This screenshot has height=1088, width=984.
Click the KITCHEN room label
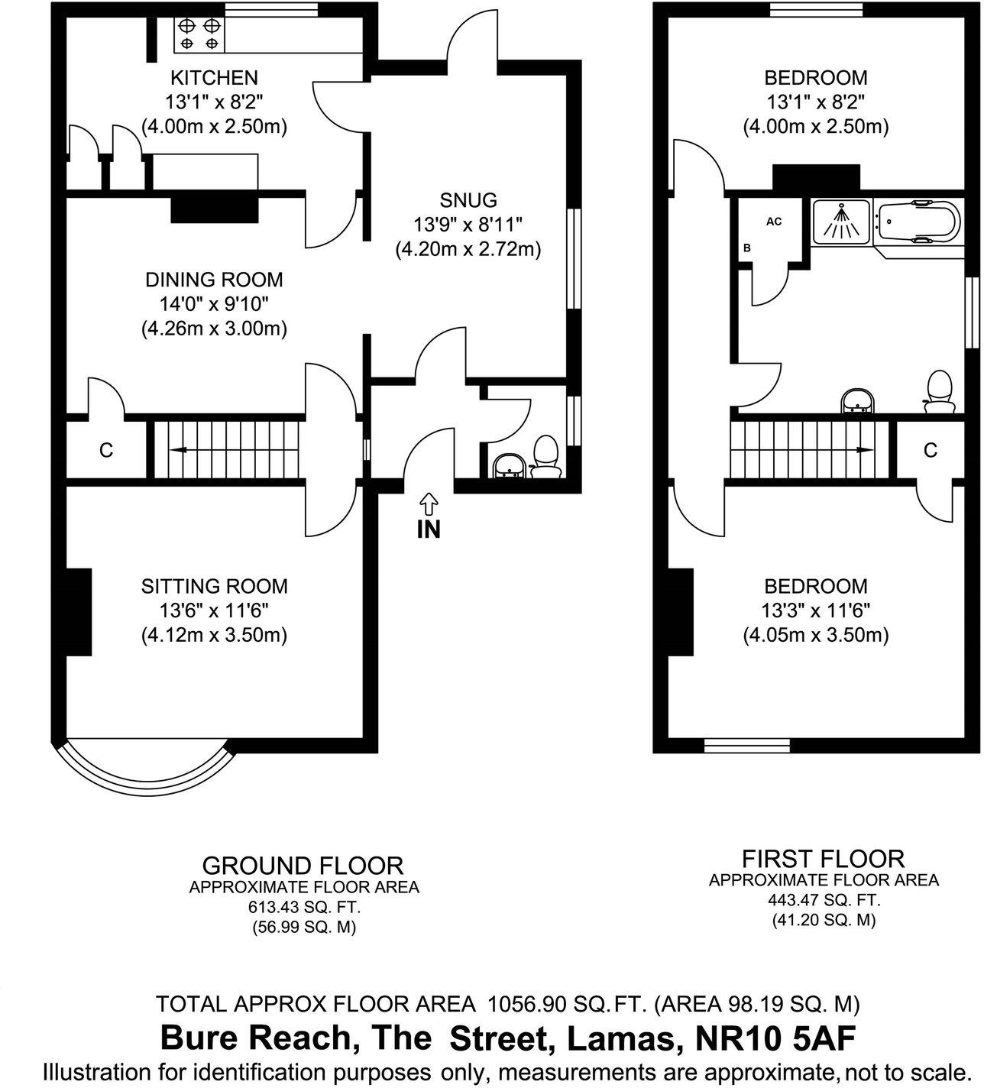point(214,78)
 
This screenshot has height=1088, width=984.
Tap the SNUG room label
point(468,201)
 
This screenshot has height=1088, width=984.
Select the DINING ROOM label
point(214,280)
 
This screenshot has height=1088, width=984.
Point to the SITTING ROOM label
point(214,586)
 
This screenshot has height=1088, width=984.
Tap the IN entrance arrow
point(429,504)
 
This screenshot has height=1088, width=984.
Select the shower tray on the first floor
point(841,222)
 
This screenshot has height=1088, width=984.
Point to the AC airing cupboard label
point(774,222)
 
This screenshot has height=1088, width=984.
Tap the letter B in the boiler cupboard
point(747,248)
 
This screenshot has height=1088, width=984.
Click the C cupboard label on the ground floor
point(106,450)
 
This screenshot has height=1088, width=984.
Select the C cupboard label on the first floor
point(931,450)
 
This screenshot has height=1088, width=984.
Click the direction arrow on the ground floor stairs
point(180,449)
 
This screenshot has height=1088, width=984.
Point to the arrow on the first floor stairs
point(865,449)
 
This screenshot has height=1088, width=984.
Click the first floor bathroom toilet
point(940,393)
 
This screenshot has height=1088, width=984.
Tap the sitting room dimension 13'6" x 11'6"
point(214,610)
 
